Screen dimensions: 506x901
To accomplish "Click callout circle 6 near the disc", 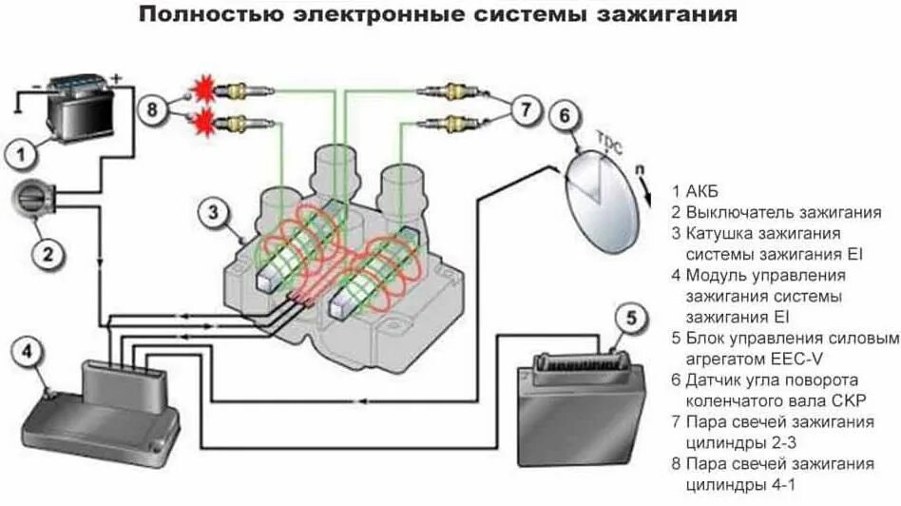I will pyautogui.click(x=564, y=117).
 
